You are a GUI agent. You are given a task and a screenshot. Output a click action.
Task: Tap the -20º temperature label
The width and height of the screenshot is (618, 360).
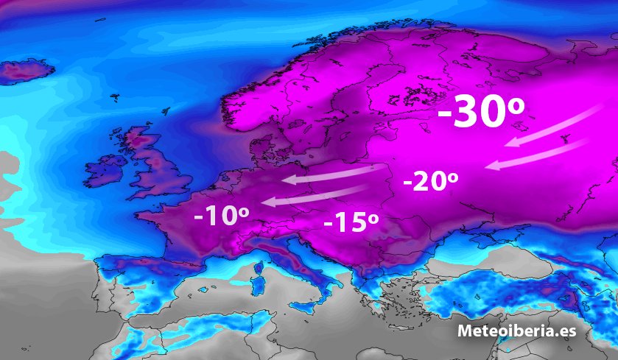click(x=431, y=181)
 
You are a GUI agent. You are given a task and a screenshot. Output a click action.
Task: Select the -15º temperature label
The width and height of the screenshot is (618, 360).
click(x=351, y=222)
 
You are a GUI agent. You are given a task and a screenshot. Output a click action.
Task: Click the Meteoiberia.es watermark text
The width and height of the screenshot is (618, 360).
click(x=516, y=331)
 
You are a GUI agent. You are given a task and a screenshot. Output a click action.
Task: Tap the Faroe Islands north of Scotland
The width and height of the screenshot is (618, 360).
click(x=115, y=96)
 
